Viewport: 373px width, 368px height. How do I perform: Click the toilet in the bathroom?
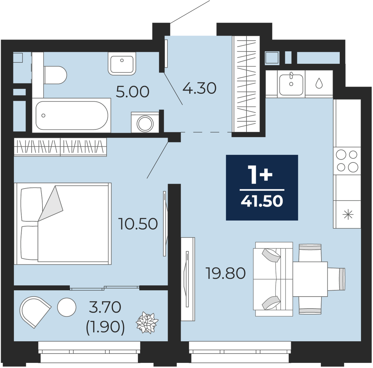pyautogui.click(x=55, y=75)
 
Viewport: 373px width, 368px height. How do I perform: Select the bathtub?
pyautogui.click(x=71, y=115)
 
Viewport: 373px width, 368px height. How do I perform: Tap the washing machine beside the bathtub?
pyautogui.click(x=145, y=122)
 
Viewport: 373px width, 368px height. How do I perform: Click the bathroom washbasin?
pyautogui.click(x=122, y=64)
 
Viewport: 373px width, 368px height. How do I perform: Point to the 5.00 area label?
pyautogui.click(x=133, y=92)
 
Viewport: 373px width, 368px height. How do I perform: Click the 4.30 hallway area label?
pyautogui.click(x=199, y=88)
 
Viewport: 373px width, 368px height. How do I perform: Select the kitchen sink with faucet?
pyautogui.click(x=291, y=84)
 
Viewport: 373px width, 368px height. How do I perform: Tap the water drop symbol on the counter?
pyautogui.click(x=318, y=83)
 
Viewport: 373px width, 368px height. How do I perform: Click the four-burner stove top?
pyautogui.click(x=347, y=161)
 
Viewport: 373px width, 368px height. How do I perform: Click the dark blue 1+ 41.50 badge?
pyautogui.click(x=262, y=187)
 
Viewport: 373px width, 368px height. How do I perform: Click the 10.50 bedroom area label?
pyautogui.click(x=139, y=224)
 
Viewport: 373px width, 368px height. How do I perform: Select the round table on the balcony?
pyautogui.click(x=67, y=307)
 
